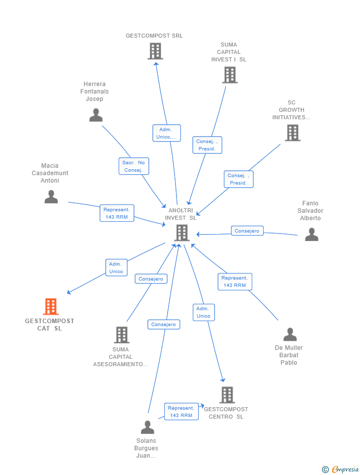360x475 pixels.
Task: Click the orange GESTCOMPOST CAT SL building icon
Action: pyautogui.click(x=51, y=307)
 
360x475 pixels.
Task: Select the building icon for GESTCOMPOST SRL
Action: pyautogui.click(x=155, y=51)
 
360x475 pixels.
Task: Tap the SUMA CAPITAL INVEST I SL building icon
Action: pyautogui.click(x=230, y=75)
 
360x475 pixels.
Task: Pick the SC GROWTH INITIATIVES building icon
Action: pyautogui.click(x=292, y=133)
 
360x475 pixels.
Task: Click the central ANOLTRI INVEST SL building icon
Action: pyautogui.click(x=182, y=233)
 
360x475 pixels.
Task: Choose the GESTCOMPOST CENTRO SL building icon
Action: pyautogui.click(x=227, y=395)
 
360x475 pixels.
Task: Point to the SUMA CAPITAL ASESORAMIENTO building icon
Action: pyautogui.click(x=122, y=335)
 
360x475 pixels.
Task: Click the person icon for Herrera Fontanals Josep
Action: pyautogui.click(x=96, y=115)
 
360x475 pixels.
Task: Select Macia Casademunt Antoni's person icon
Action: pyautogui.click(x=51, y=197)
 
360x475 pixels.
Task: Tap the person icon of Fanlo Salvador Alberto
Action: pyautogui.click(x=312, y=235)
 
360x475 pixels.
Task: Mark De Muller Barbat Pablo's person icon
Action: pyautogui.click(x=290, y=334)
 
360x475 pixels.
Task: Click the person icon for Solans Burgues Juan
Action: pyautogui.click(x=147, y=427)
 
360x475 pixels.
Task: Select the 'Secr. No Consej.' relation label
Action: pyautogui.click(x=134, y=166)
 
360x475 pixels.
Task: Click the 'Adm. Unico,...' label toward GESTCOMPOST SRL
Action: pyautogui.click(x=167, y=133)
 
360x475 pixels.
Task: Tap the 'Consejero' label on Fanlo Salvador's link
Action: pyautogui.click(x=247, y=231)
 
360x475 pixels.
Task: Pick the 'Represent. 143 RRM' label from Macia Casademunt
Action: pyautogui.click(x=116, y=213)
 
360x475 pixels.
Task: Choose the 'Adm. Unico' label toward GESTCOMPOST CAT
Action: pyautogui.click(x=116, y=268)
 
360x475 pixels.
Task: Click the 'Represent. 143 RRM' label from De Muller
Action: pyautogui.click(x=235, y=282)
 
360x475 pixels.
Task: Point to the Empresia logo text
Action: pyautogui.click(x=345, y=469)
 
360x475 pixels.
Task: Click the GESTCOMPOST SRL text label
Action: pyautogui.click(x=154, y=36)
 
